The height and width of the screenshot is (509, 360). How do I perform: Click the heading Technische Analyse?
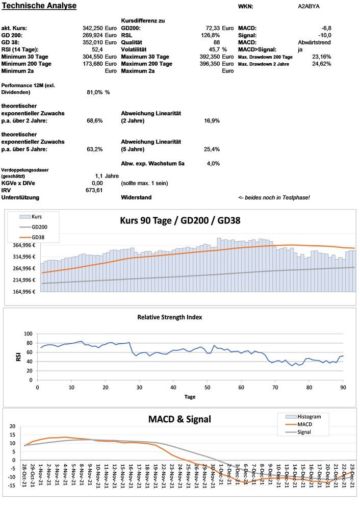coord(39,6)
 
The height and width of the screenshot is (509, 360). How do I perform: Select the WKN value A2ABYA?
coord(309,7)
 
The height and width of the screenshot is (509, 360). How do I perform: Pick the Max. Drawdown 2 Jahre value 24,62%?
coord(321,64)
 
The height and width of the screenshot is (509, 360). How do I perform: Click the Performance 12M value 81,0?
coord(95,92)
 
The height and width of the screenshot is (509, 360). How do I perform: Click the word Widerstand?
coord(136,197)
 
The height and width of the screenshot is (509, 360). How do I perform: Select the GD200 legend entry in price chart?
coord(39,227)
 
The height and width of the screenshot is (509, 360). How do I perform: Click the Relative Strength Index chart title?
coord(169,317)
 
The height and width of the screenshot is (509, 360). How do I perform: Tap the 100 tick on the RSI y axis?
coord(28,334)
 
